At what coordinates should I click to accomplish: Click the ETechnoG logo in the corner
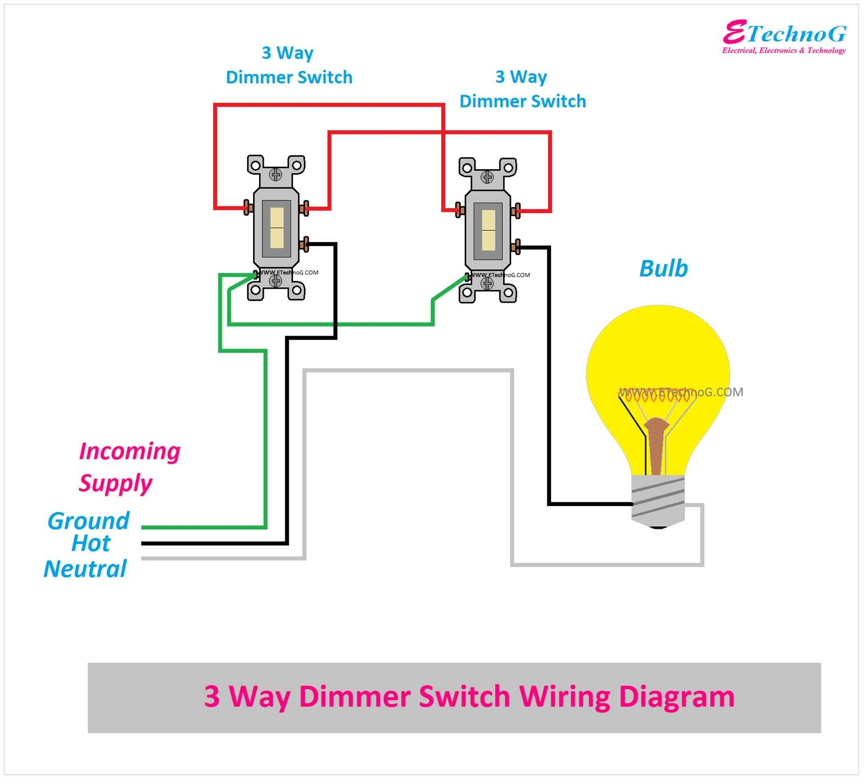click(784, 37)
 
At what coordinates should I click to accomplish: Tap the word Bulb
click(663, 269)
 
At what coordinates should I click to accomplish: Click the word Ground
click(89, 521)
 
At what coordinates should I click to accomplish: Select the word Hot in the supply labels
click(91, 543)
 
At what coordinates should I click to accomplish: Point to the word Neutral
click(85, 569)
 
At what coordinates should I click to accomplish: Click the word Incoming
click(130, 451)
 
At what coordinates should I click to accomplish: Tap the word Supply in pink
click(116, 483)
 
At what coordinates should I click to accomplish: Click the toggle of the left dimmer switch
click(277, 228)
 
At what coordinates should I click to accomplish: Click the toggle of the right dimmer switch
click(488, 230)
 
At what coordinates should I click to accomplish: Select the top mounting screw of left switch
click(276, 174)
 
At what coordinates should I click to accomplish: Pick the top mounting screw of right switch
click(487, 177)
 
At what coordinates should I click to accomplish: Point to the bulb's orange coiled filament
click(654, 395)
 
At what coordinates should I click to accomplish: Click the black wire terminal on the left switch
click(304, 244)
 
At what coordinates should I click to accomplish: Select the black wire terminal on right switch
click(516, 247)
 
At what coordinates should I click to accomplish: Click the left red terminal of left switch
click(248, 207)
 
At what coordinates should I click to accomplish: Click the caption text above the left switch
click(289, 65)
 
